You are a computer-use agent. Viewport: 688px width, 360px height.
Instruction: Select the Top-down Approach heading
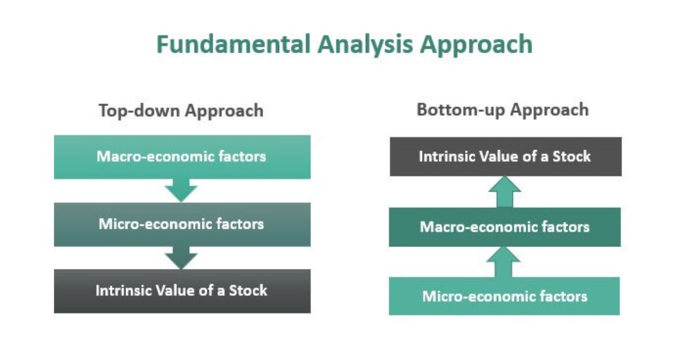click(181, 110)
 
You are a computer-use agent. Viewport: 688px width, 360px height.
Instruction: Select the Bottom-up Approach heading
click(503, 109)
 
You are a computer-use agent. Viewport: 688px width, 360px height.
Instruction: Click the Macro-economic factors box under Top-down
click(182, 156)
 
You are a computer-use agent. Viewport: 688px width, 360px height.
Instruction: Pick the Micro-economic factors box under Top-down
click(182, 224)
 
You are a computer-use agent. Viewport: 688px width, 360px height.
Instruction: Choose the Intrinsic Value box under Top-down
click(182, 291)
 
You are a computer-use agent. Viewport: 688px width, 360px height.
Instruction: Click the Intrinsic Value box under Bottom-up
click(505, 156)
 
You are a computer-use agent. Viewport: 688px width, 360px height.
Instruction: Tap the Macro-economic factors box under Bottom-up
click(505, 227)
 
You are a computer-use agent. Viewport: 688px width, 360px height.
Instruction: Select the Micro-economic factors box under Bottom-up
click(505, 296)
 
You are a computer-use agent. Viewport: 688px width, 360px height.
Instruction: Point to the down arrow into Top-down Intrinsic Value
click(181, 258)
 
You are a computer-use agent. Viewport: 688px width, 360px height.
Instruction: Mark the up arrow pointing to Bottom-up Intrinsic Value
click(505, 192)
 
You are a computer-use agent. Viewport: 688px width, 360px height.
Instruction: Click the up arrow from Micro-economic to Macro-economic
click(505, 261)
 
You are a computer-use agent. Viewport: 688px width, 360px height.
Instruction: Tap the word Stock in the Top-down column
click(248, 290)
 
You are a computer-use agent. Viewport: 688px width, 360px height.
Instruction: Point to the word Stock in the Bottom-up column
click(572, 156)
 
